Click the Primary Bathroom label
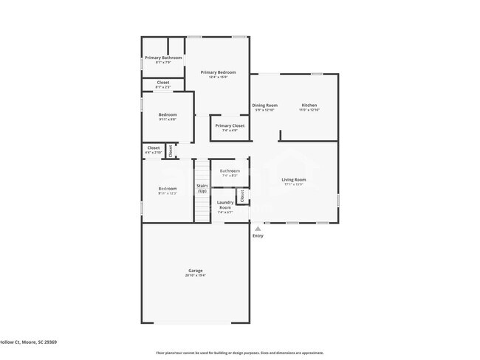(163, 58)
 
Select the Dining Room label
(264, 105)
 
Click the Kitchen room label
(309, 105)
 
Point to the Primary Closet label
(230, 126)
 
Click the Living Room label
(294, 179)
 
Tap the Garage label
(195, 271)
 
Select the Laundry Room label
(225, 204)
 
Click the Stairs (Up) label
(202, 188)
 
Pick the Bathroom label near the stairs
(230, 171)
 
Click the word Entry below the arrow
(258, 236)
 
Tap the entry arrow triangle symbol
(258, 229)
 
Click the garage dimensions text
(195, 276)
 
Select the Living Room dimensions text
(294, 184)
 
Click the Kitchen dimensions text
(309, 110)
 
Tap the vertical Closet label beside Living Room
(241, 195)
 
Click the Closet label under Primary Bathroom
(163, 82)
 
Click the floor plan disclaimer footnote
(239, 353)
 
